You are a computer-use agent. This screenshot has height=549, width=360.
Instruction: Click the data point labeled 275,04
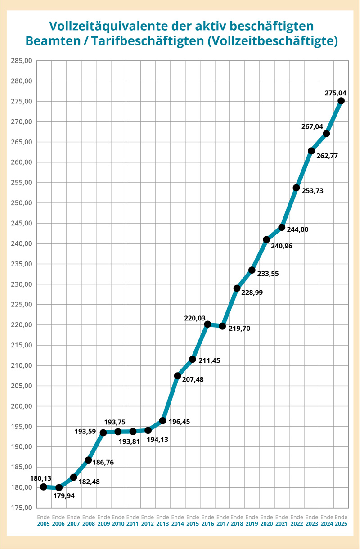(x=341, y=101)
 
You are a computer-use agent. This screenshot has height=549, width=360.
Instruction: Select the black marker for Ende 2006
(x=58, y=487)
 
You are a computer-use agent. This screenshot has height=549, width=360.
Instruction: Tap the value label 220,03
(x=195, y=318)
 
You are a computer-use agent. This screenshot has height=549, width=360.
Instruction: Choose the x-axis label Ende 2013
(x=162, y=521)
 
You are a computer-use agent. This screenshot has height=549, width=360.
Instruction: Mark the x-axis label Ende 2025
(x=341, y=521)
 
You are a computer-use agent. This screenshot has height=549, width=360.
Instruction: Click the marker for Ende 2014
(x=177, y=376)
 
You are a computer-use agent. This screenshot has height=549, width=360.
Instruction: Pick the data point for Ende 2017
(x=222, y=326)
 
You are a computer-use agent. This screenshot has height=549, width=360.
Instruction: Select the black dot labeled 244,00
(x=282, y=227)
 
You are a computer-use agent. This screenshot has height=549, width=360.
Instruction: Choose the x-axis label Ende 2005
(x=44, y=521)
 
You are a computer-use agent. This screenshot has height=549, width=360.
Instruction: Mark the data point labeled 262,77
(x=311, y=151)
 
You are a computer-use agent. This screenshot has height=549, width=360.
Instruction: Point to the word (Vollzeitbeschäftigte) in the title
(x=274, y=40)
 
